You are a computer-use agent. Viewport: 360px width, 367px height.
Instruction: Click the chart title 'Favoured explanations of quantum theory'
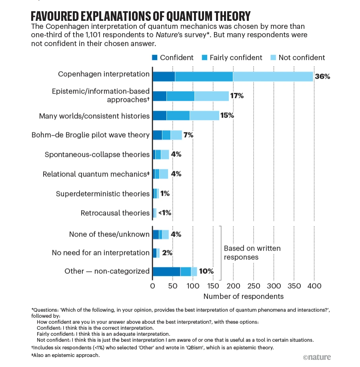[x=140, y=16]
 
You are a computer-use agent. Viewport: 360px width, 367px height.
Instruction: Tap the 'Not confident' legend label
[x=302, y=58]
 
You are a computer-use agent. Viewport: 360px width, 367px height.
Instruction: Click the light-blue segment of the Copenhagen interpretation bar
[x=273, y=76]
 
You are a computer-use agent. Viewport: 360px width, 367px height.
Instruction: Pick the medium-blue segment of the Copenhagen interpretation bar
[x=204, y=76]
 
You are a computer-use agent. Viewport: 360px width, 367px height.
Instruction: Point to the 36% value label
[x=322, y=76]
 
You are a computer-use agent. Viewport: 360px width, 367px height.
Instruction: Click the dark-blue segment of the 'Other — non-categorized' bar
[x=166, y=271]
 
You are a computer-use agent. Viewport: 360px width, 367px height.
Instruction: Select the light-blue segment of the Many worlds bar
[x=204, y=116]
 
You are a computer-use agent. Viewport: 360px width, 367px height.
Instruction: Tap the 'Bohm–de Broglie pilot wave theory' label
[x=90, y=135]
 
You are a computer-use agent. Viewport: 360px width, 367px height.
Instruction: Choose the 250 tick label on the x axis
[x=254, y=286]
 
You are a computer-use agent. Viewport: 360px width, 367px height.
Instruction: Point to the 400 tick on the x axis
[x=314, y=286]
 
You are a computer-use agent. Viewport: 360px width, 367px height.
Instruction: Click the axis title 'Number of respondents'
[x=243, y=297]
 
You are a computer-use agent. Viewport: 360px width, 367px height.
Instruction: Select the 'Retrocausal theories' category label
[x=115, y=213]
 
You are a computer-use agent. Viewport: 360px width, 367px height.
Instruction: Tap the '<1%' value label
[x=165, y=213]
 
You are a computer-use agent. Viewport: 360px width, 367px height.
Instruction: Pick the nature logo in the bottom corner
[x=317, y=357]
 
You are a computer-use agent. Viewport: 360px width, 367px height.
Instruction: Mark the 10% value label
[x=206, y=271]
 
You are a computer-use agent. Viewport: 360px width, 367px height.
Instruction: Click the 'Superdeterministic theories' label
[x=102, y=194]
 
